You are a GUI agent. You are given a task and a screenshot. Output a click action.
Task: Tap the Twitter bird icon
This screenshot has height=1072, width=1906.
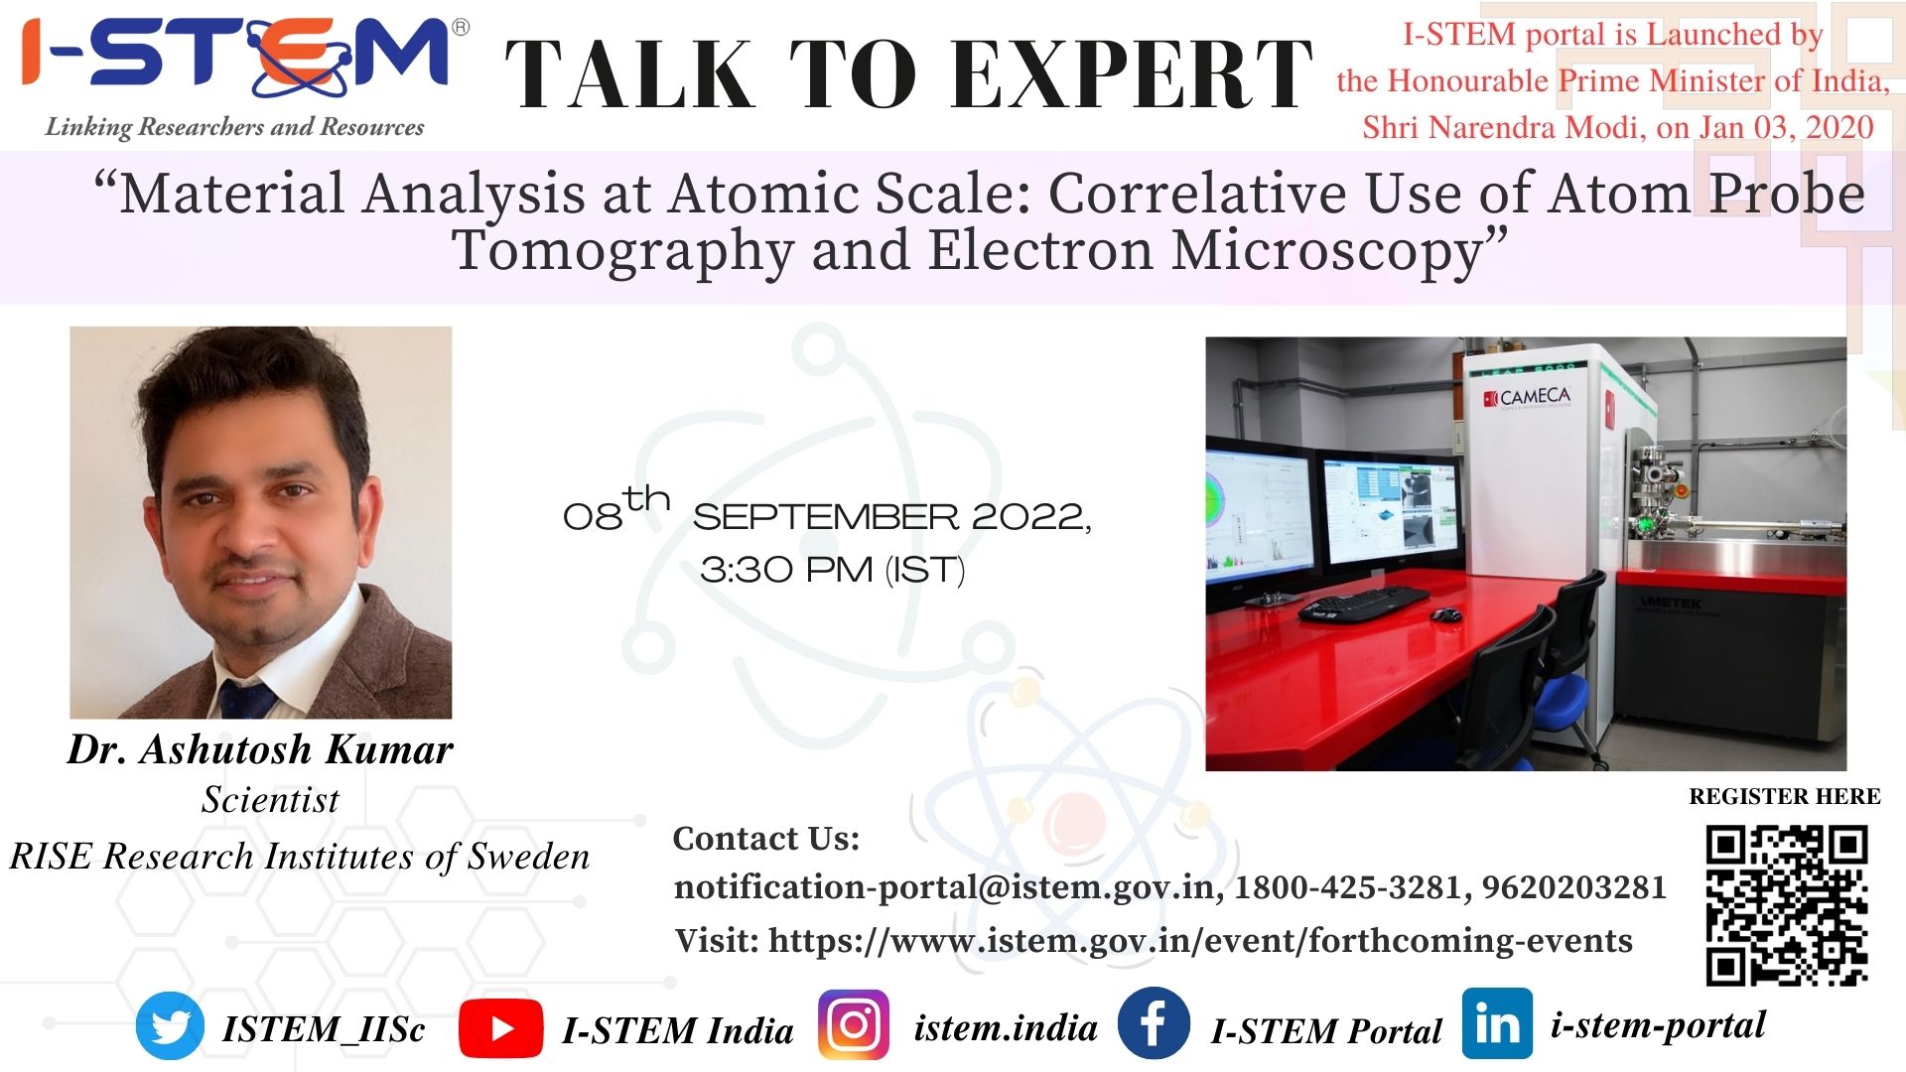point(170,1026)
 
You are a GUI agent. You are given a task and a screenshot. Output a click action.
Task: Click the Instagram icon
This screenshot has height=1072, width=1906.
point(854,1025)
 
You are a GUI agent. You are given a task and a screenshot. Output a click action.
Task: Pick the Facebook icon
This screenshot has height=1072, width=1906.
point(1154,1023)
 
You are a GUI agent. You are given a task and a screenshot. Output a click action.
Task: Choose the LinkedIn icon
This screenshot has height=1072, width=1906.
point(1497,1023)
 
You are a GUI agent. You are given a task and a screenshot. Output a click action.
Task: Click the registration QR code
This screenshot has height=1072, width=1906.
point(1787,905)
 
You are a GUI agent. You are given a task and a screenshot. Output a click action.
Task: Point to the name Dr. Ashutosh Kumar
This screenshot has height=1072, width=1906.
point(260,749)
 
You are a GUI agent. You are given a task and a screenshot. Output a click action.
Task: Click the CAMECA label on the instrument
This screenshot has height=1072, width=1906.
point(1528,398)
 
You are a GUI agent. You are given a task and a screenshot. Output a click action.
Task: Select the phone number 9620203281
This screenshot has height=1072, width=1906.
point(1574,886)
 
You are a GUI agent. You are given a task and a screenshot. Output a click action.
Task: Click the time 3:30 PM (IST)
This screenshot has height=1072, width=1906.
point(832,570)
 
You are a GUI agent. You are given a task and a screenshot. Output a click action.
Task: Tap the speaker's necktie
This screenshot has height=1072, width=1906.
point(247,699)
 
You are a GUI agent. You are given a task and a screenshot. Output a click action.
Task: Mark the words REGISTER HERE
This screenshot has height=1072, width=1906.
point(1785,796)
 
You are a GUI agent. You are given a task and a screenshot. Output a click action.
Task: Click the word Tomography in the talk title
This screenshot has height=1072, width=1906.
point(622,250)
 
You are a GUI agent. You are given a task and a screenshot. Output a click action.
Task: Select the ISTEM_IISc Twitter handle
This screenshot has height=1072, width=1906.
point(324,1029)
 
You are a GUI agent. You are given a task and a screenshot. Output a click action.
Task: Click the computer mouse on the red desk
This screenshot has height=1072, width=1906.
point(1445,614)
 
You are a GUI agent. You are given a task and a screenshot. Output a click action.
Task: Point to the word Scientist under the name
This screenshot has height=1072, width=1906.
point(270,800)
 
